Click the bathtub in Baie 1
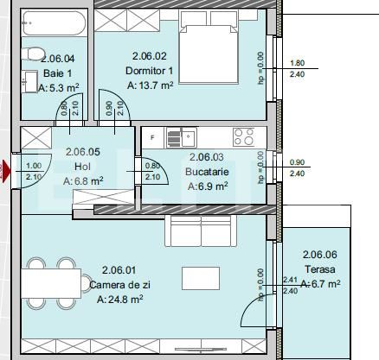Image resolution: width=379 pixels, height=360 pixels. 54,23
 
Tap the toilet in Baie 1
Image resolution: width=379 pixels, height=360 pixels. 34,55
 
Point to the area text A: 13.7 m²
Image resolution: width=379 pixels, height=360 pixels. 150,85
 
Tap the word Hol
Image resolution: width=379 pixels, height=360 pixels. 83,166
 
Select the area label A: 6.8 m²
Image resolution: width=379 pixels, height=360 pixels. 83,181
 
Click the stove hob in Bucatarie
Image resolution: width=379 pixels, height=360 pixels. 243,136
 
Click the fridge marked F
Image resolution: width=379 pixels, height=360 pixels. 153,136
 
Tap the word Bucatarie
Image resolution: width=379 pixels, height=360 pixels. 206,171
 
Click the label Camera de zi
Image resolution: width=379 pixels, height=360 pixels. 120,284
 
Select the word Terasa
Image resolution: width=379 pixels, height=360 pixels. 319,268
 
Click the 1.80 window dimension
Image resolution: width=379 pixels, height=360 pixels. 298,63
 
